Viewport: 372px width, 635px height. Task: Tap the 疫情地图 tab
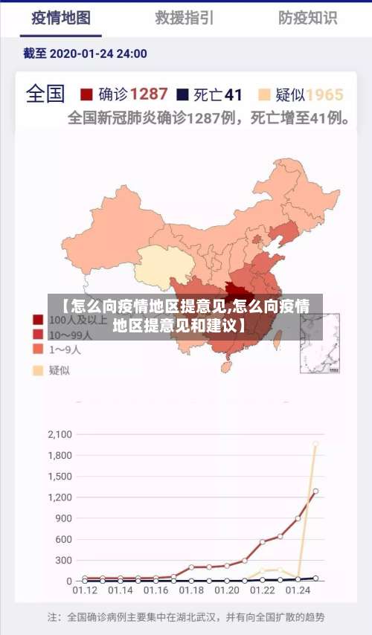click(61, 17)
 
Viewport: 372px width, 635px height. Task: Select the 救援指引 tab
click(185, 17)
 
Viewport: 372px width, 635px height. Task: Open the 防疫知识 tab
click(307, 17)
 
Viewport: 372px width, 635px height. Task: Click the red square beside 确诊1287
click(86, 94)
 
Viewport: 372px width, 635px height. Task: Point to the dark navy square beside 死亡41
click(182, 94)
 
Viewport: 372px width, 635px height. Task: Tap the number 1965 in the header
click(324, 94)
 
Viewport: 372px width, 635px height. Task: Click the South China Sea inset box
click(320, 343)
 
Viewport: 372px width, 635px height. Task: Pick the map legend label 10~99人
click(71, 335)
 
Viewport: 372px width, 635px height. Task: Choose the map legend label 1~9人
click(66, 349)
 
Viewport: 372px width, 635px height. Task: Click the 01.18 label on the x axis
click(191, 590)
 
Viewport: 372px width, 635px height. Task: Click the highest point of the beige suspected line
click(315, 445)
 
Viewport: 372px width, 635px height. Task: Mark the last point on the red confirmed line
click(315, 491)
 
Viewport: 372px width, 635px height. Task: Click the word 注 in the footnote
click(52, 617)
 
